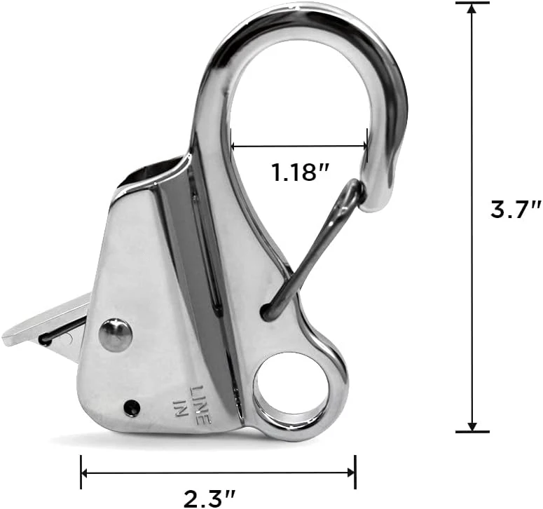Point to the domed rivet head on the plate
click(116, 334)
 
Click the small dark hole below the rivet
click(131, 407)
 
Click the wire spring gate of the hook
click(312, 249)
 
